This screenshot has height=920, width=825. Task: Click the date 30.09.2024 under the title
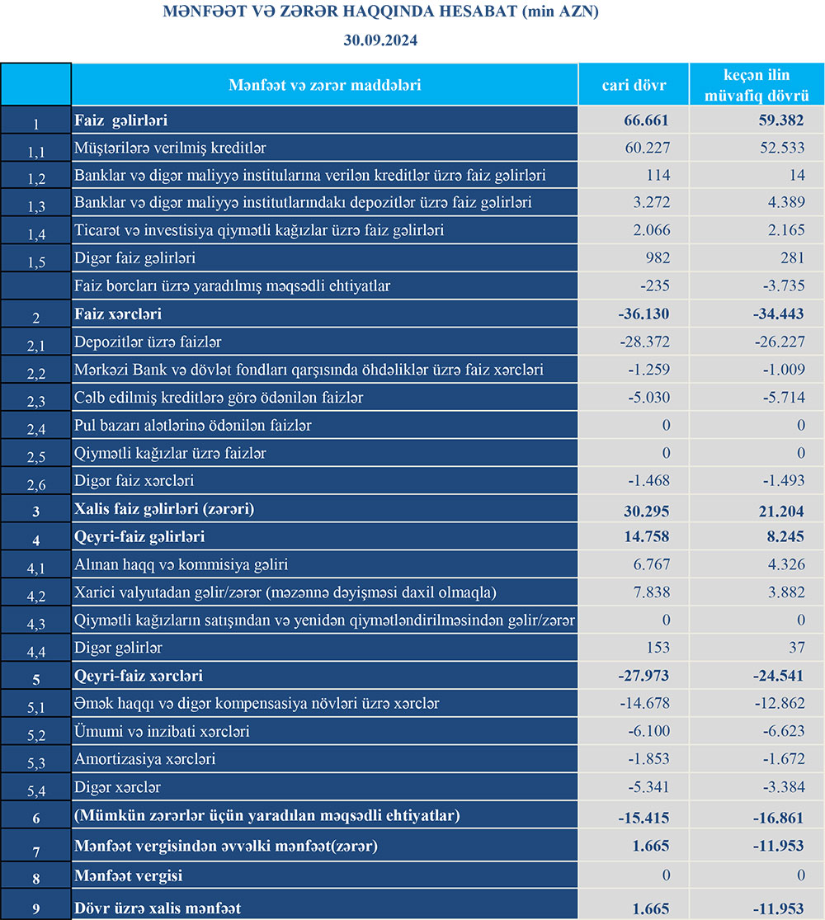[381, 40]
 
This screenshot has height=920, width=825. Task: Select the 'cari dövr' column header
[634, 85]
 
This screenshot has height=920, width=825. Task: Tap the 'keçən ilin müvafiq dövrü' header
[757, 85]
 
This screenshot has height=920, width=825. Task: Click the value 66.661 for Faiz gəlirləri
[646, 120]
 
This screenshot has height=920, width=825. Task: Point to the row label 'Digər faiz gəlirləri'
[134, 259]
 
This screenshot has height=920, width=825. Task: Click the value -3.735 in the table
[780, 286]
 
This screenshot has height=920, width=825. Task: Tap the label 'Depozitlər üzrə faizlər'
[148, 342]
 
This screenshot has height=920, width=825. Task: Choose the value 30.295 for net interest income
[646, 509]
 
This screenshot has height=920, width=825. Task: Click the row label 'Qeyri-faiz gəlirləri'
[139, 537]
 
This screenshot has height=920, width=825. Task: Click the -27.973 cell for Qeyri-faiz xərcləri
[643, 676]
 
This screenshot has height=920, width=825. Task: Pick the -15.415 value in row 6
[643, 816]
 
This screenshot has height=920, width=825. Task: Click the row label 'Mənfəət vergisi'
[128, 875]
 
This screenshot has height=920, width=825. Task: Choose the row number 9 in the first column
[36, 909]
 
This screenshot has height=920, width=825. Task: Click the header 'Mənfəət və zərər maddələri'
[324, 85]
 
